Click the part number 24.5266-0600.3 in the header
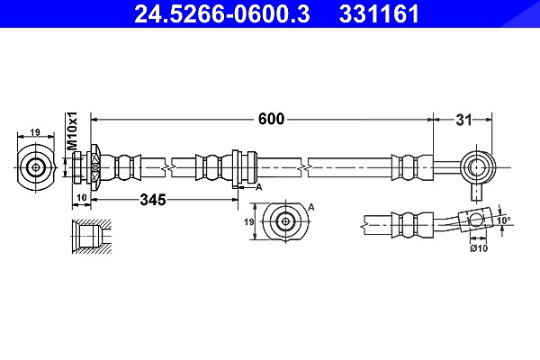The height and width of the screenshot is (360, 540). [x=221, y=13]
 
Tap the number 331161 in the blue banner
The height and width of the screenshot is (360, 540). [x=379, y=13]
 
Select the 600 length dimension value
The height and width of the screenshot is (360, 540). [x=272, y=119]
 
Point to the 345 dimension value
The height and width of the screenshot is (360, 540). [x=153, y=200]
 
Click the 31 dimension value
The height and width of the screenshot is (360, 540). [x=463, y=121]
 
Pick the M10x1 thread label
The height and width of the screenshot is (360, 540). [x=73, y=130]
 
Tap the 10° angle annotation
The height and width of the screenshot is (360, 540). [x=505, y=220]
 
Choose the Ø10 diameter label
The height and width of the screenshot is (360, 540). [x=479, y=247]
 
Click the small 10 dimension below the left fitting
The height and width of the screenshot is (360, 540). [x=81, y=197]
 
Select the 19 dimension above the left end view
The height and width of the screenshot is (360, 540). [x=35, y=132]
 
